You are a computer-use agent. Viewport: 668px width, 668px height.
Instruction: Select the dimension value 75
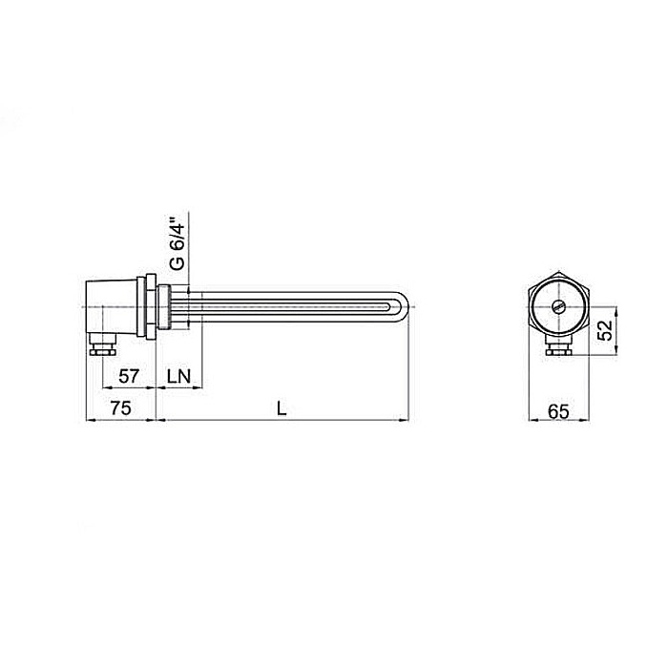[118, 408]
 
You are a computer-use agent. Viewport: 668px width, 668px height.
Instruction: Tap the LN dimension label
[178, 376]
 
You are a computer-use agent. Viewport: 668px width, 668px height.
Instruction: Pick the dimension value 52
[604, 330]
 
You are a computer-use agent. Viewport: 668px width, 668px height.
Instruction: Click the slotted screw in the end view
[559, 307]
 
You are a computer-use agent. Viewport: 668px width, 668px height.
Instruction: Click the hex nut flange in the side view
[149, 306]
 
